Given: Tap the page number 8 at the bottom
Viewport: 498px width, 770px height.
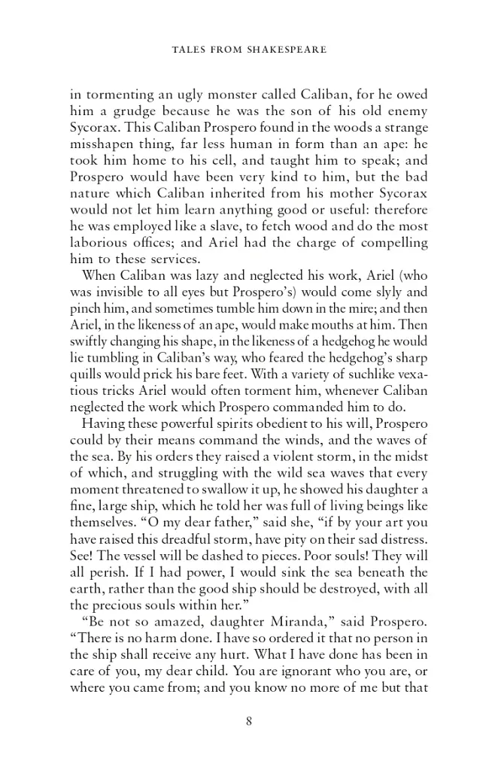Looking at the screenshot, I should coord(248,722).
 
